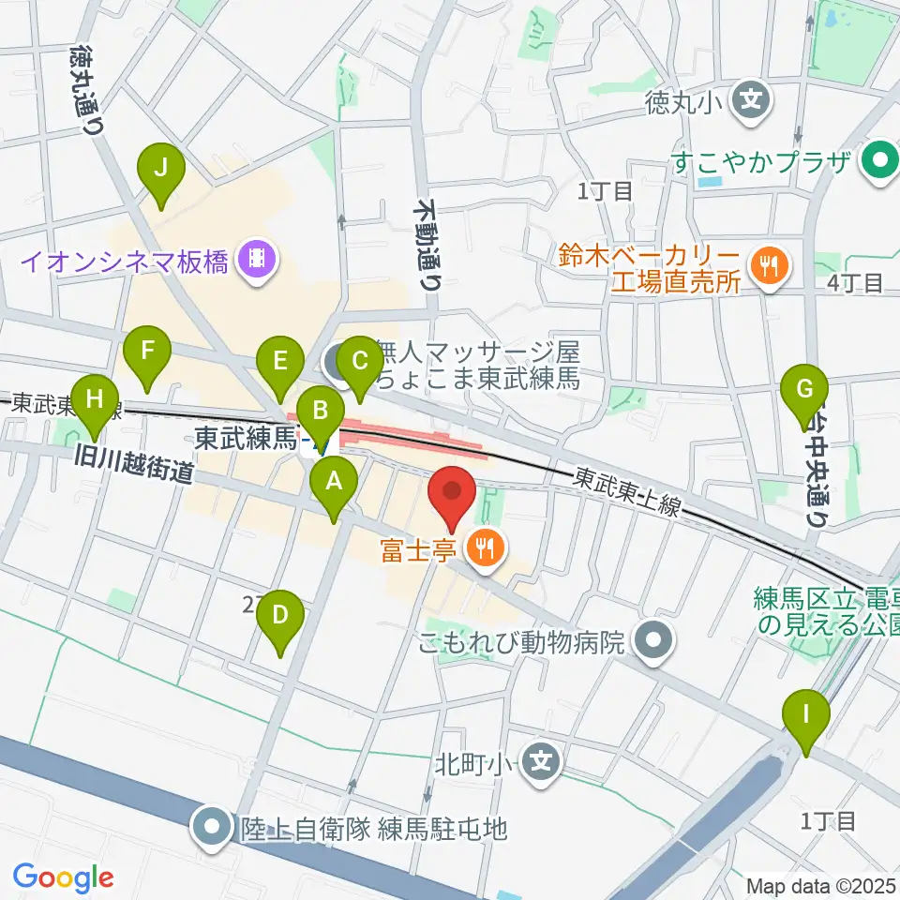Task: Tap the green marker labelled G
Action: [805, 389]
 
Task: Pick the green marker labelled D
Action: [280, 619]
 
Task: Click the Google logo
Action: [63, 877]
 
